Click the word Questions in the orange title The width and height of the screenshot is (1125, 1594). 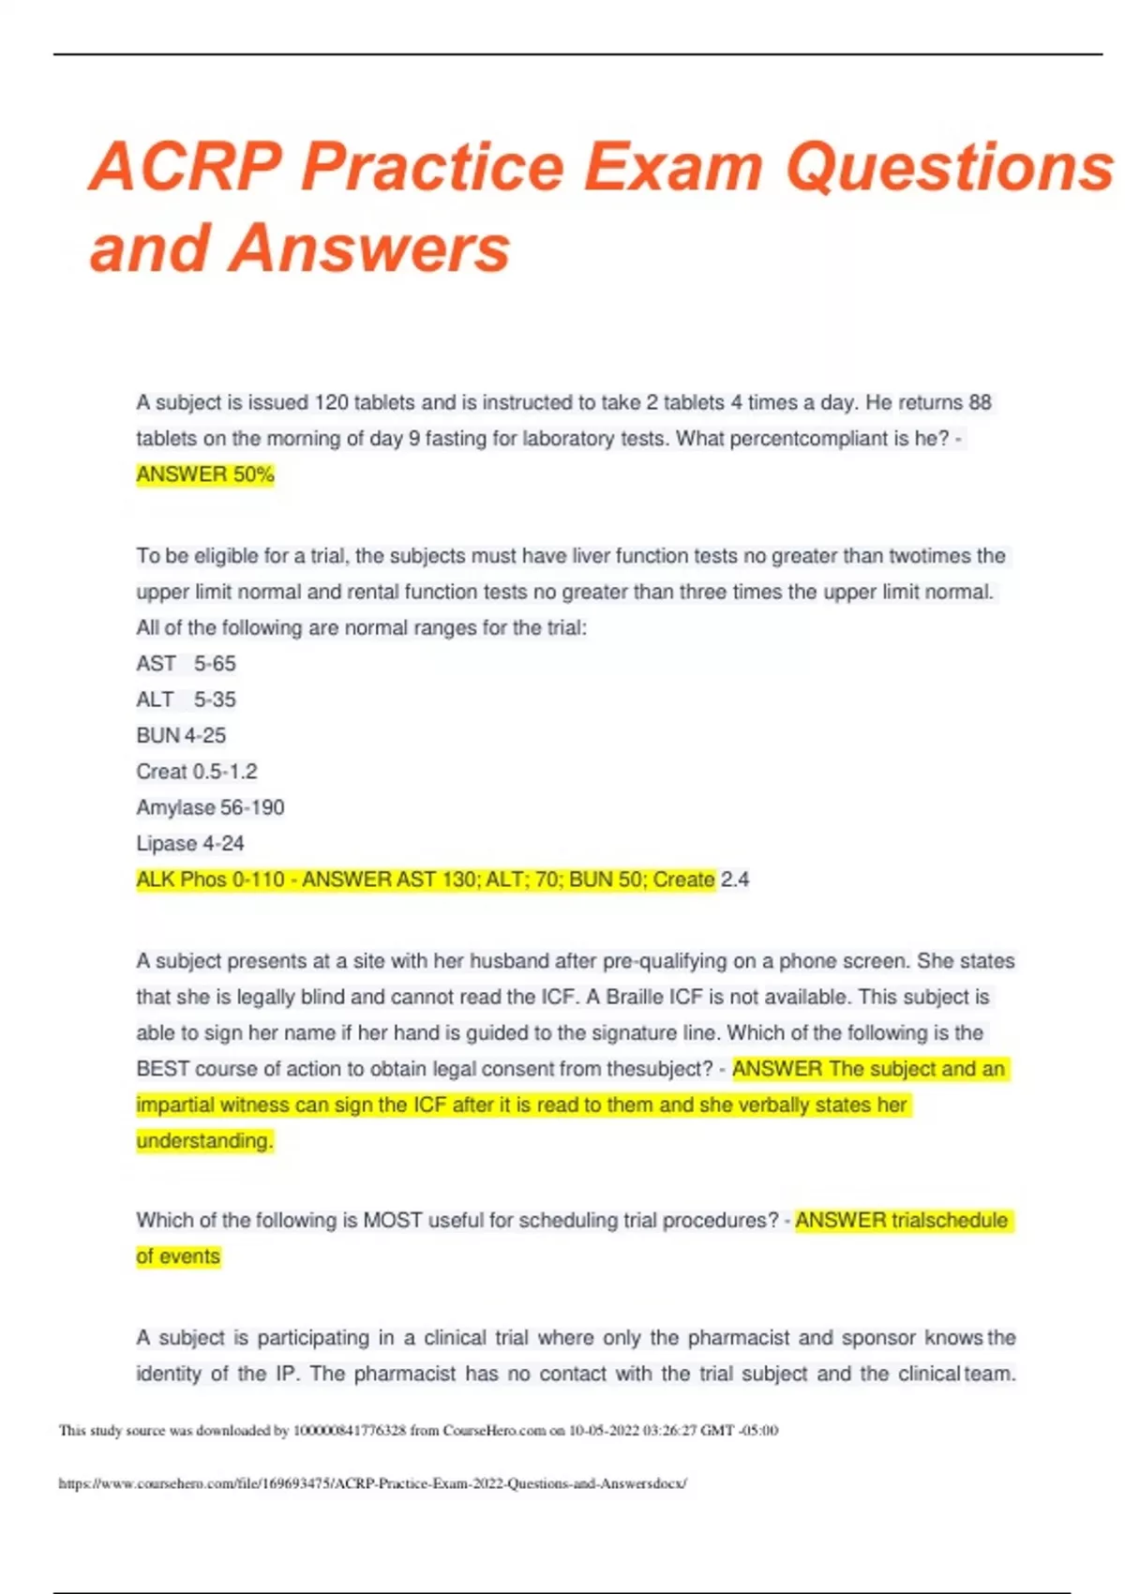point(949,167)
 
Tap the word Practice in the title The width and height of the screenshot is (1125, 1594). point(432,167)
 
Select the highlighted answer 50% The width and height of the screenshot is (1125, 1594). point(253,474)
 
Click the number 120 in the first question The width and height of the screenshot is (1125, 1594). point(331,403)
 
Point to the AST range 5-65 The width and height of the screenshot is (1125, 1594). point(215,664)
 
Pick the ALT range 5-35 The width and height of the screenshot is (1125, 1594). point(215,700)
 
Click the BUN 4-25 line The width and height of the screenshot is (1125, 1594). point(181,736)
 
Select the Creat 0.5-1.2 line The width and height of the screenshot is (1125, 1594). point(197,772)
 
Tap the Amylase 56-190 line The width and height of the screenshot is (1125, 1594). point(210,807)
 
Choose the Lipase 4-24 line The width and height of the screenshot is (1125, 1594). point(190,844)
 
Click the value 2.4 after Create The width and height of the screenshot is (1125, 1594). point(735,880)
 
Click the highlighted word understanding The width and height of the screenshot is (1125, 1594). point(204,1141)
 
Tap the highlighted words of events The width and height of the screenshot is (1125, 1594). point(178,1256)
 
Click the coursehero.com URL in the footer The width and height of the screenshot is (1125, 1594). point(372,1483)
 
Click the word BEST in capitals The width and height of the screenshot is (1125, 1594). point(163,1069)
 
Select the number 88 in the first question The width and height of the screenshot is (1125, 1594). point(980,403)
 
